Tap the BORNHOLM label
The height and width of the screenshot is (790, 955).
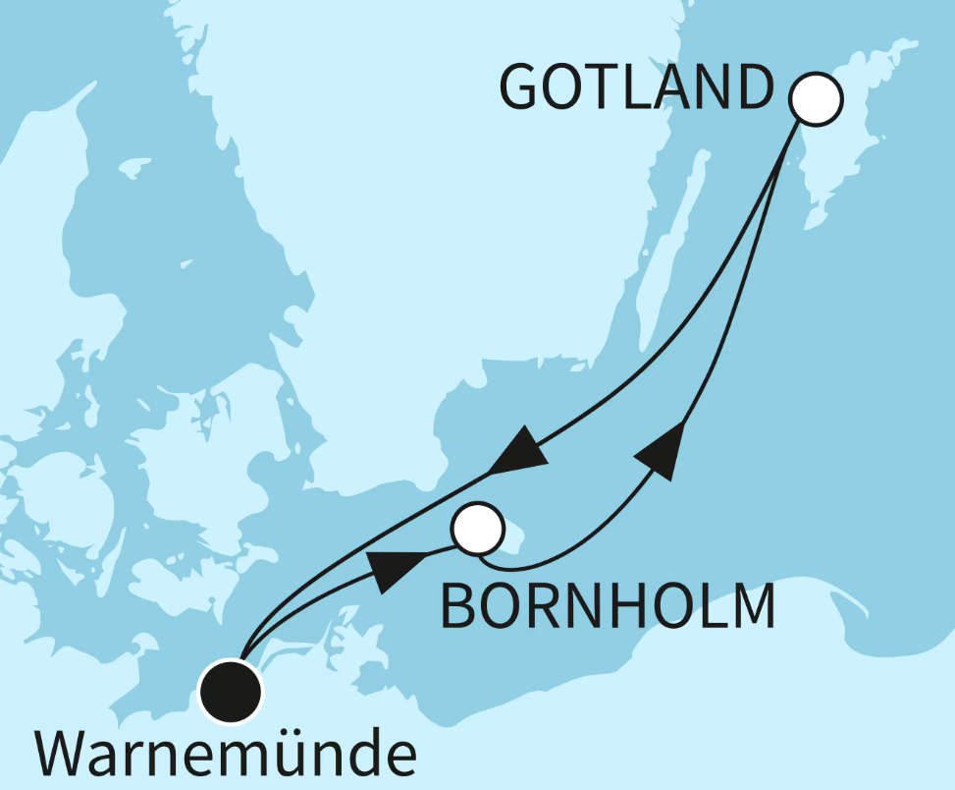coord(607,606)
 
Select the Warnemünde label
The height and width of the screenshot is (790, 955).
coord(226,754)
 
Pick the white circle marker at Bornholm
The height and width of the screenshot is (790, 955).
coord(478,530)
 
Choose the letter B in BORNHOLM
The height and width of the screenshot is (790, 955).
coord(459,606)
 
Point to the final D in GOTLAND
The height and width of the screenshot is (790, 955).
coord(750,88)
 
